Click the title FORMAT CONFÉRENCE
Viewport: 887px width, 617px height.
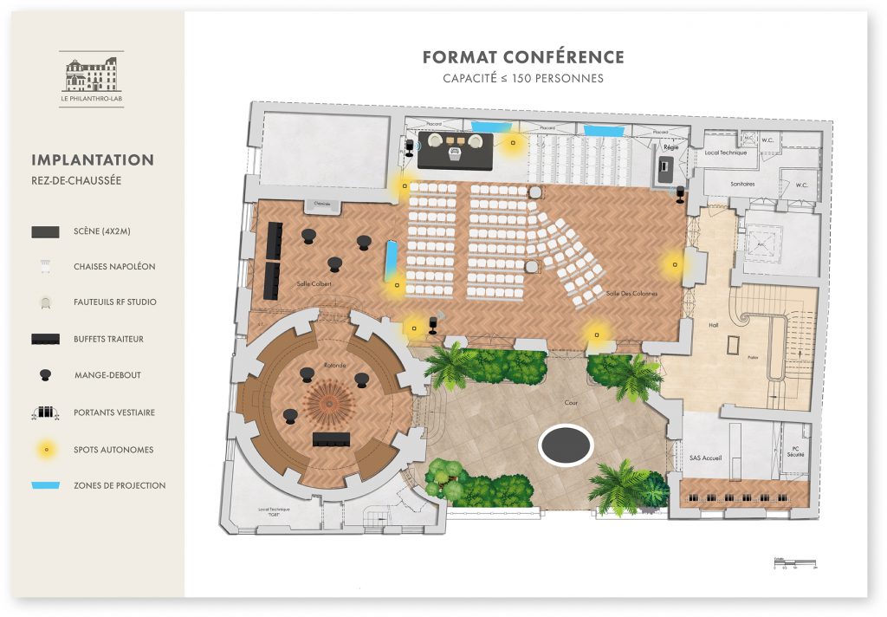coord(523,57)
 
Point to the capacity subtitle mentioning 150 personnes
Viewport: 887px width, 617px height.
coord(523,79)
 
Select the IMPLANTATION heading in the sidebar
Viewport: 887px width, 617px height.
coord(93,160)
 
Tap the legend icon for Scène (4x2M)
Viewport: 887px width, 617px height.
coord(45,231)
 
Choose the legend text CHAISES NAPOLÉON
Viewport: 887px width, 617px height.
coord(114,267)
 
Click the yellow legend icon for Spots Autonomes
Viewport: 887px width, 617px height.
coord(45,450)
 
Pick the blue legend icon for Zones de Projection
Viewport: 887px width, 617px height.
coord(45,485)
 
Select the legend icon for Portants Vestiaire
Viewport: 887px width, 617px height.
coord(45,412)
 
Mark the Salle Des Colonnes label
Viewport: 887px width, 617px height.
coord(631,294)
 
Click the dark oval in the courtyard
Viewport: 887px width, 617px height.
coord(566,445)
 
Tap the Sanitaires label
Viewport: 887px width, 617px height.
coord(742,185)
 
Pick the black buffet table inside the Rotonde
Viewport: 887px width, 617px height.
coord(331,437)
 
